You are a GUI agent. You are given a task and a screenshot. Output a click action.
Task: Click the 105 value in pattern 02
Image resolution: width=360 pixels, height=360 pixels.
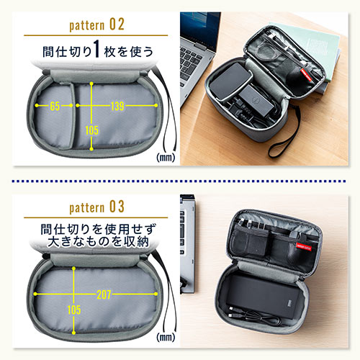click(x=91, y=130)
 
